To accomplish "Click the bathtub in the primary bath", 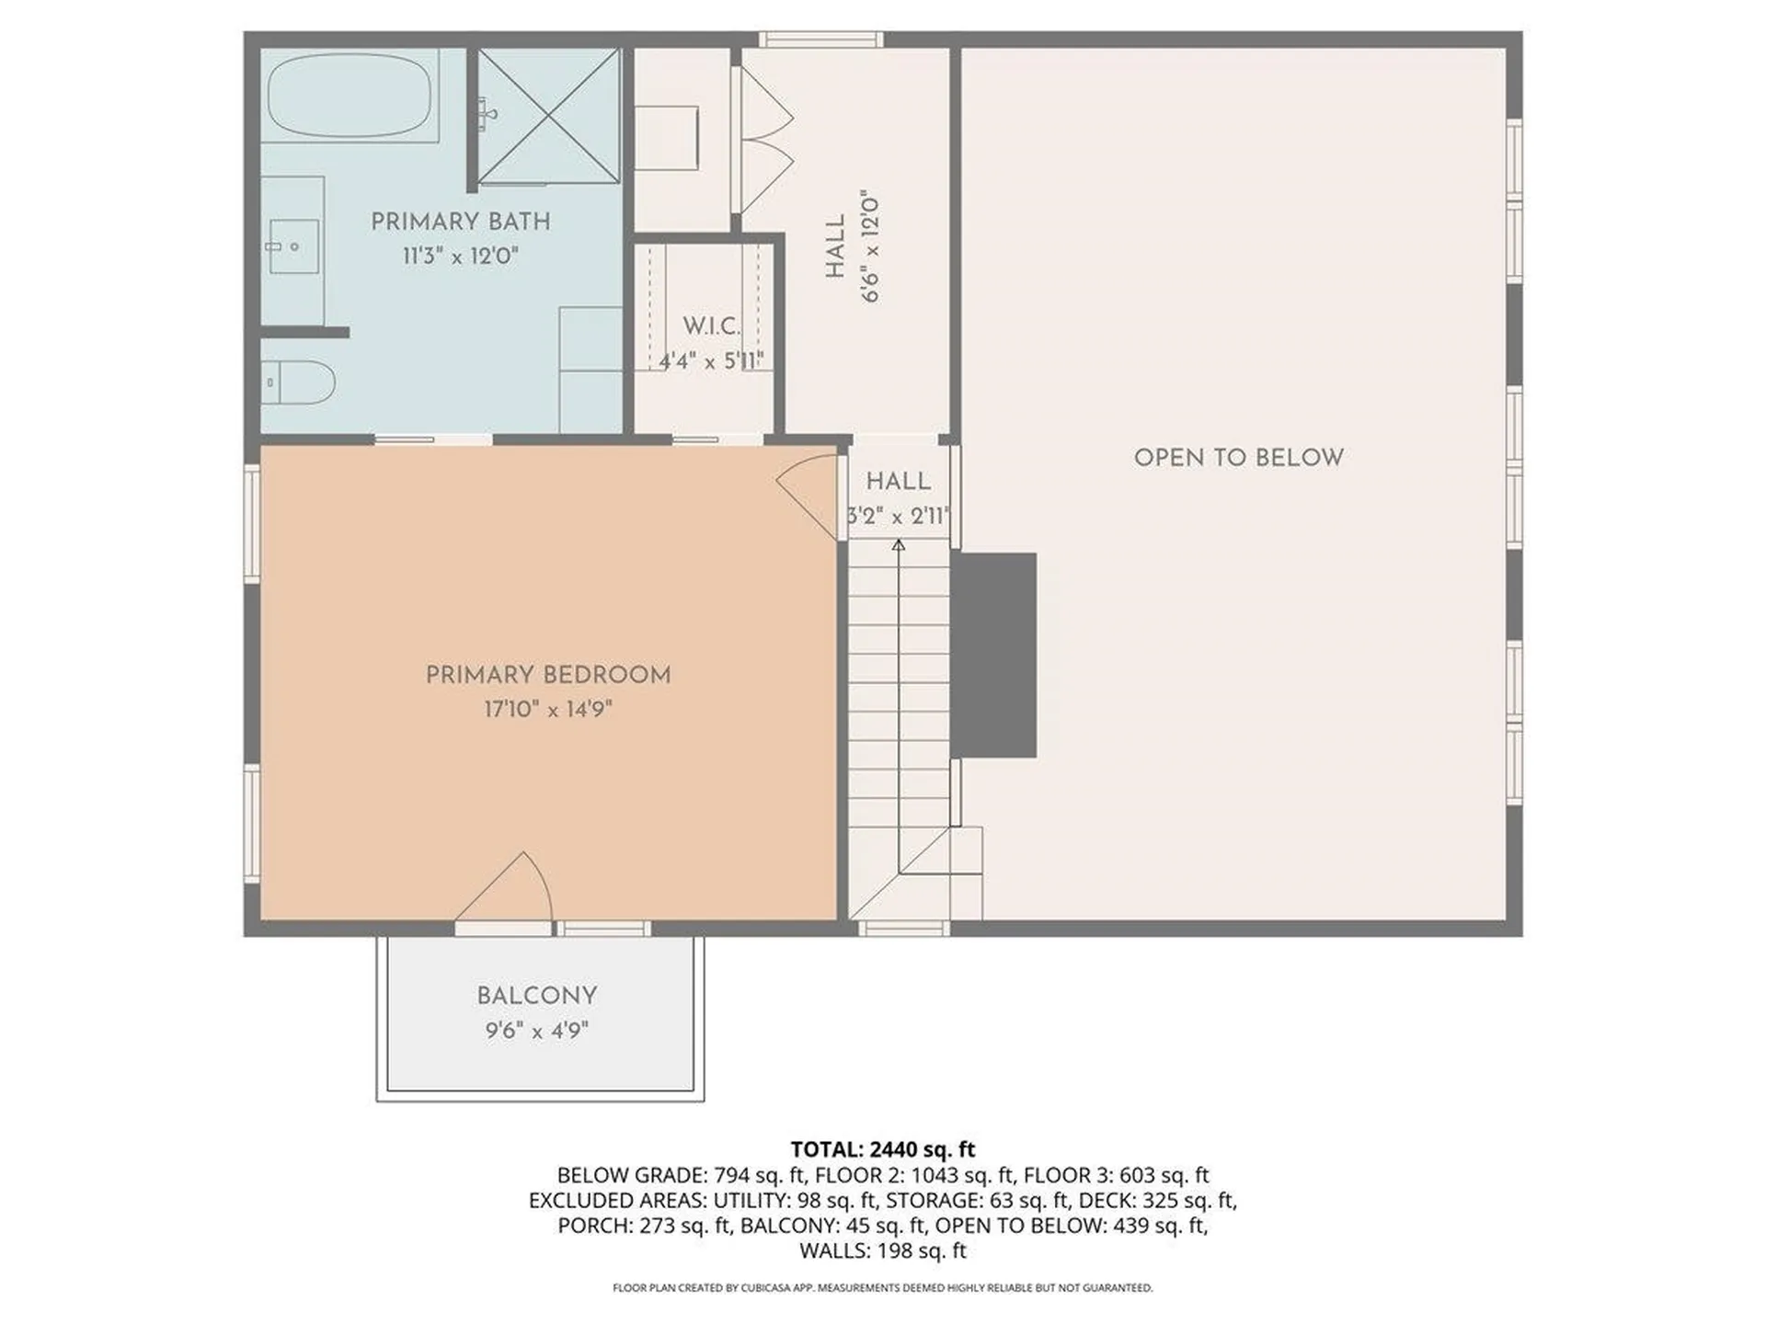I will click(x=349, y=95).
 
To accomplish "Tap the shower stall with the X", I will click(x=548, y=115).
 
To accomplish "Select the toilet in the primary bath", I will click(x=299, y=382).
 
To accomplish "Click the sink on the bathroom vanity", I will click(x=292, y=246).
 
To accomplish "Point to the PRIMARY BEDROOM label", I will click(x=548, y=675).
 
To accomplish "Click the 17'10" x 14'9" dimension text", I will click(x=548, y=709).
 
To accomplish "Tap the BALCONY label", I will click(x=537, y=996).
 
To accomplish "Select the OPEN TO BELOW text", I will click(x=1238, y=457).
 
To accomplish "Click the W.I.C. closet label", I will click(x=710, y=325).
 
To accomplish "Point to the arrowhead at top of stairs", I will click(x=899, y=545).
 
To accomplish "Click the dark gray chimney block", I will click(x=994, y=655).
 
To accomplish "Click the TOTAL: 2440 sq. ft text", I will click(x=882, y=1149).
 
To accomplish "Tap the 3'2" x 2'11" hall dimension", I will click(x=898, y=516).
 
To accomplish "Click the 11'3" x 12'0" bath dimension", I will click(x=460, y=256).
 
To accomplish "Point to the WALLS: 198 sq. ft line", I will click(x=882, y=1250).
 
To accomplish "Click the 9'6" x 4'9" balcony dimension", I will click(x=537, y=1030).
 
